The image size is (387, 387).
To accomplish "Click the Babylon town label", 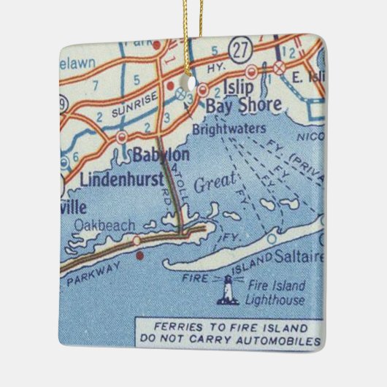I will click(162, 155).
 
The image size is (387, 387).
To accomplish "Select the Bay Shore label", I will click(243, 106).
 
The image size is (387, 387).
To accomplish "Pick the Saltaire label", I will click(299, 257).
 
